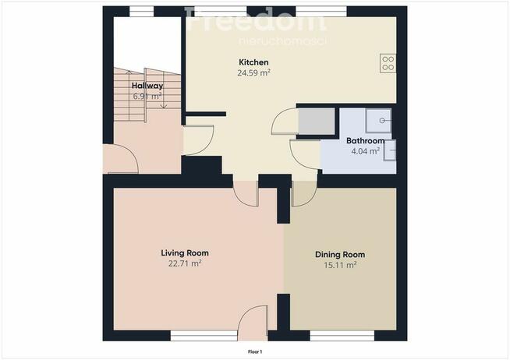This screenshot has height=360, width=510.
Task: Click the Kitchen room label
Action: point(253,62)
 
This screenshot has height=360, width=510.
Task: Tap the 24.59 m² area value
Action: point(253,72)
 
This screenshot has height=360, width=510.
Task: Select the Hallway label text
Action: point(147,86)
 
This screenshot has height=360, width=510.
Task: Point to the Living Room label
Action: point(185,252)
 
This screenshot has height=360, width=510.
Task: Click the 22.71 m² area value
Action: point(185,263)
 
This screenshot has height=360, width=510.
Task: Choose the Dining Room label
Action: point(340,254)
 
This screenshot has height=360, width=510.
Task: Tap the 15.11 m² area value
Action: point(340,265)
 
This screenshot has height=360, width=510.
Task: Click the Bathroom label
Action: point(365,141)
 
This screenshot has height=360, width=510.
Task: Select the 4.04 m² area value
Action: point(365,151)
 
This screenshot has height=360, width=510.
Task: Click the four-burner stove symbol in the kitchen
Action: point(388,63)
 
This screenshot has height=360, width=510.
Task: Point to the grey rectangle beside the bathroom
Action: point(317,122)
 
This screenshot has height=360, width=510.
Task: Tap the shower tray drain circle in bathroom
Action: point(382,121)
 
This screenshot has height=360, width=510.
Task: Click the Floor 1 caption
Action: point(255,351)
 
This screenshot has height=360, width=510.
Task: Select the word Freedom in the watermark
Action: point(255,19)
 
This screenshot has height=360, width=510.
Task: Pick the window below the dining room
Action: point(342,336)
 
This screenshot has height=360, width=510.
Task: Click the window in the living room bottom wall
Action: point(204,336)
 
